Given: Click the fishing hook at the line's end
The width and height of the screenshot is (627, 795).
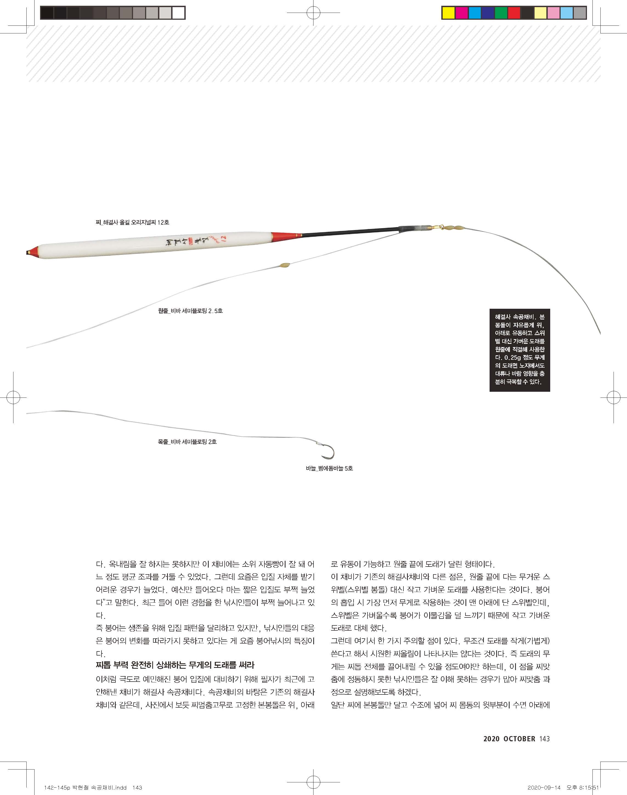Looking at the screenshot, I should coord(327,452).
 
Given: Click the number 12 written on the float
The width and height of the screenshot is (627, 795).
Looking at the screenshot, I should coord(224,239).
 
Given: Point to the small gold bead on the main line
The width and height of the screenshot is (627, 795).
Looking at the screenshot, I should coord(284,265).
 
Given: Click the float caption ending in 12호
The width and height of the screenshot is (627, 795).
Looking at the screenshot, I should coord(132,222).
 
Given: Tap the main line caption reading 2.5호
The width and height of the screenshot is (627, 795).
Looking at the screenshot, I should coord(190,311).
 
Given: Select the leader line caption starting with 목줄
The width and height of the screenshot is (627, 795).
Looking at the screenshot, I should coord(187,442).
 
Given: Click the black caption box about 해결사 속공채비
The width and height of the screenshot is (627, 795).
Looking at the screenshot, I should coord(519,350).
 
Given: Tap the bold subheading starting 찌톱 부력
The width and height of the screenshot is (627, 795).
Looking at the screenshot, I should coord(175,665).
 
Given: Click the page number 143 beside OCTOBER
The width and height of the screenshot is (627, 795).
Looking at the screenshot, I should coord(545,739).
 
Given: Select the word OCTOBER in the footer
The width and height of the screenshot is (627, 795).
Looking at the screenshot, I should coord(519,739).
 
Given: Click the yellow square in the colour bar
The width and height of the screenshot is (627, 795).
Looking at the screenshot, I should coord(448,13).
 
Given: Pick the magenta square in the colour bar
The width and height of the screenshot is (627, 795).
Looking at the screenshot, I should coord(461,13).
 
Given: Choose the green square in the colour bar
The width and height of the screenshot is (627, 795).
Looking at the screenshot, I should coord(501,13).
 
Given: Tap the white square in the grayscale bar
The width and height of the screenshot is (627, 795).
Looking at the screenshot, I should coord(178,13).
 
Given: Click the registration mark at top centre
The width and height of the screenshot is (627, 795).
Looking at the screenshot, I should coord(313,13).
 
